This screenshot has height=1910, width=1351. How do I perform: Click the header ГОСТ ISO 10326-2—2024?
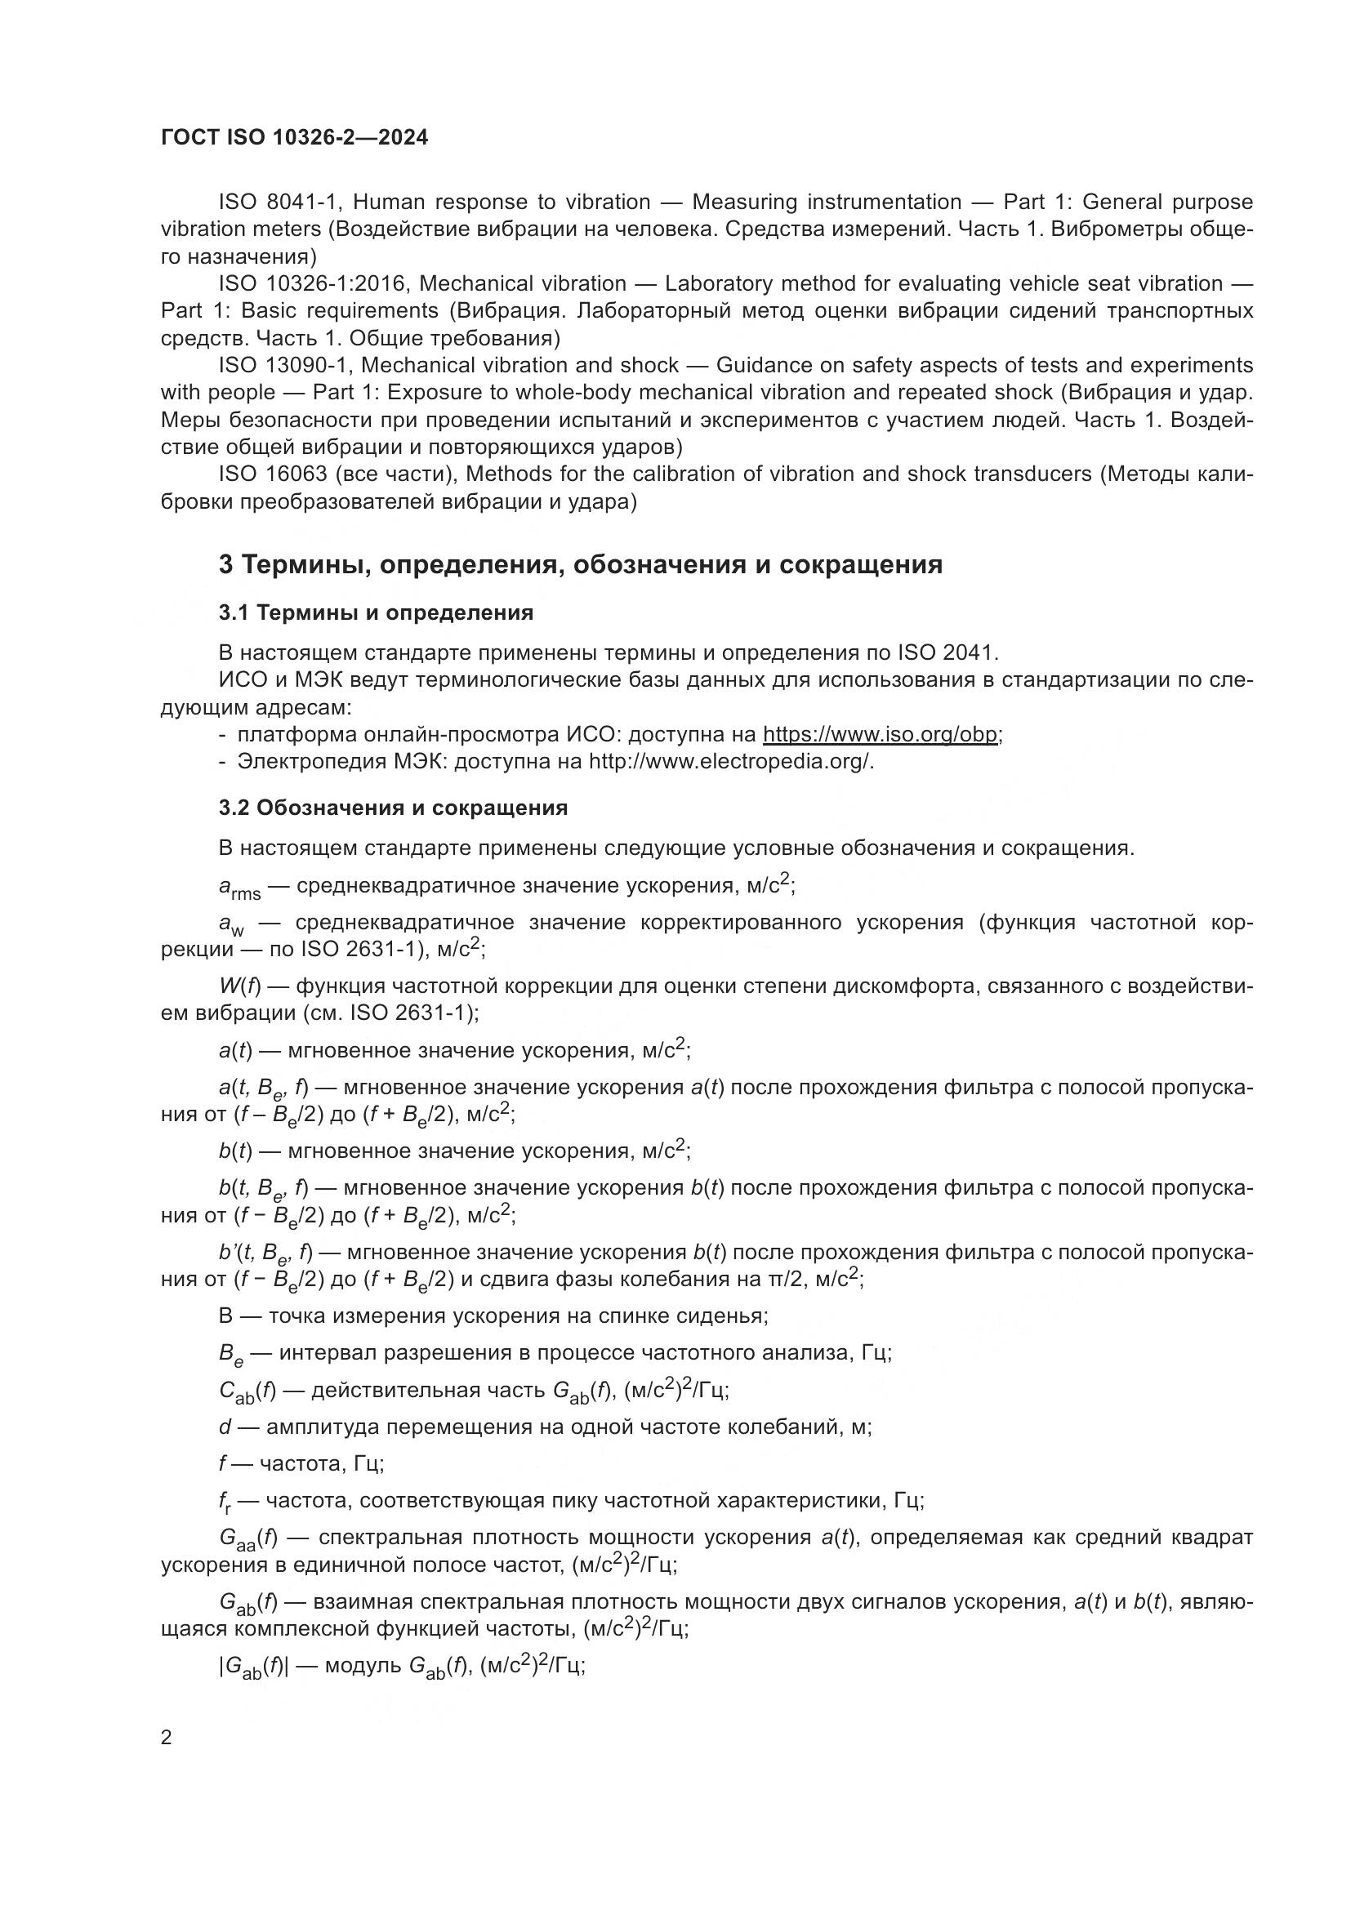(x=294, y=137)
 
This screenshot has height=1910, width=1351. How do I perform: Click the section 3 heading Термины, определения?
(x=580, y=565)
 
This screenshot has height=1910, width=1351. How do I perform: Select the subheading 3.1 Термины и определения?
(x=376, y=613)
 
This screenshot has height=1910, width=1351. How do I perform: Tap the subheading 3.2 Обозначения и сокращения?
(x=393, y=808)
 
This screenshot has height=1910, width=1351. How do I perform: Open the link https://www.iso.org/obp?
(x=881, y=735)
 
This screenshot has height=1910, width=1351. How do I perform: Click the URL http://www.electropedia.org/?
(x=730, y=761)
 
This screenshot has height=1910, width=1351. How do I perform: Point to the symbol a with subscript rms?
(x=239, y=888)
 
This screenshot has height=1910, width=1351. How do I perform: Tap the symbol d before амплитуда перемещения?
(x=225, y=1427)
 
